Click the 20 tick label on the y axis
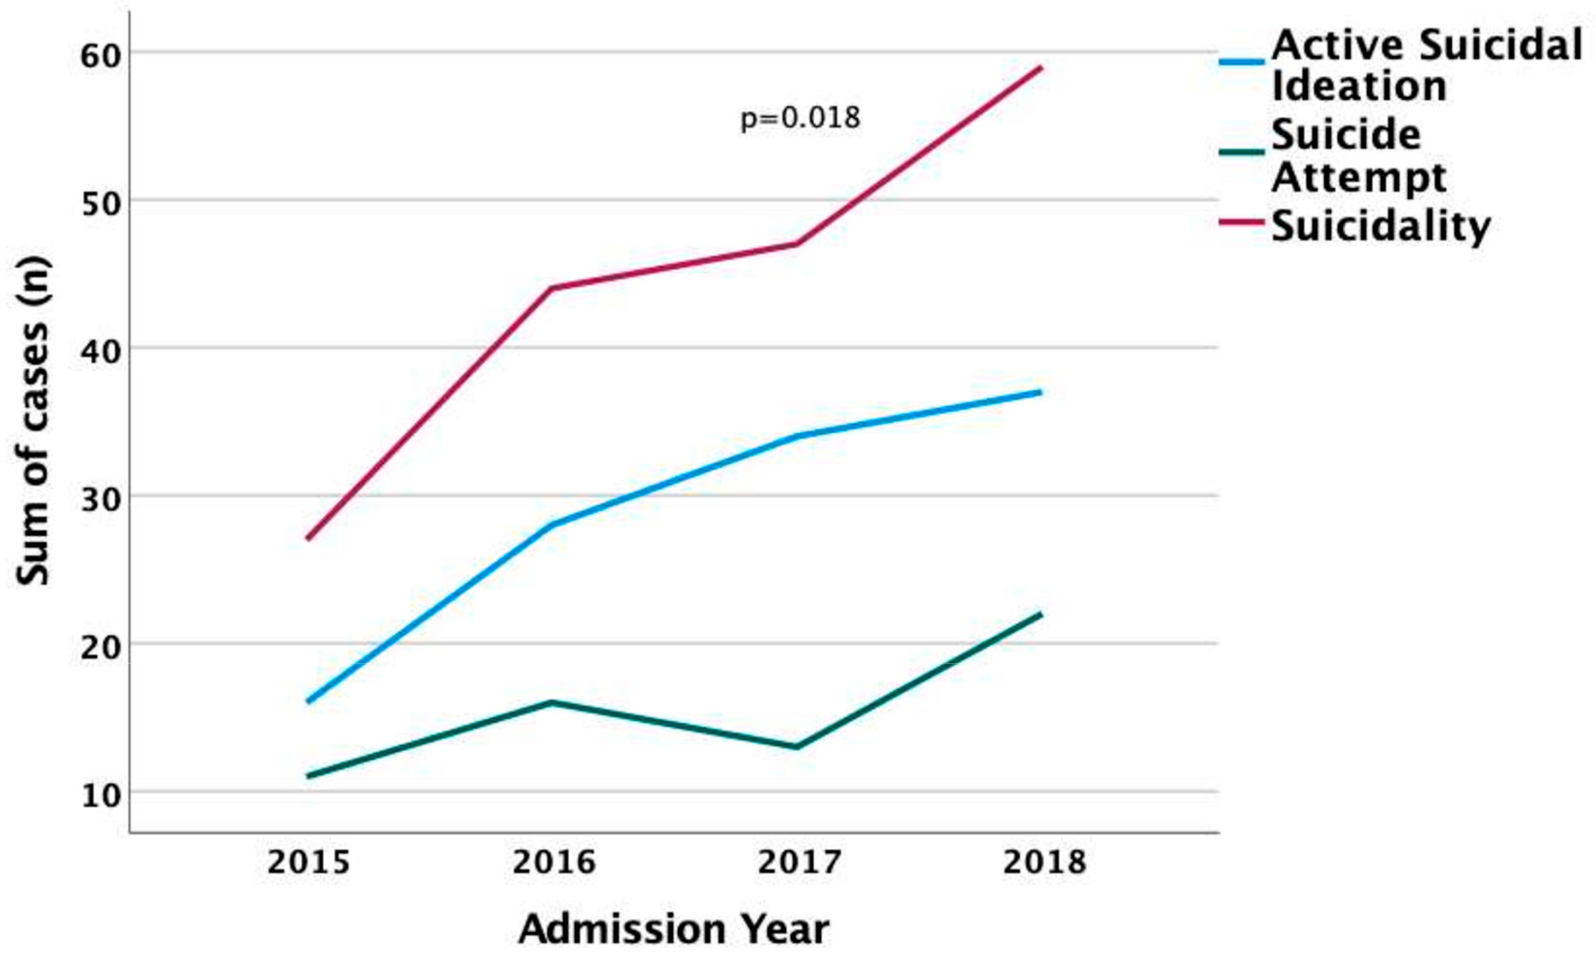[101, 647]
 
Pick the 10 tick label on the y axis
[101, 796]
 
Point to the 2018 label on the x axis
[1044, 862]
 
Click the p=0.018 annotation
[800, 118]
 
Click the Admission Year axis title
[673, 929]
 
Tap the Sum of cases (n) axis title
[32, 421]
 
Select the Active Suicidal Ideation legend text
[1426, 65]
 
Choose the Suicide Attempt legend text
[1358, 156]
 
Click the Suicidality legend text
[1381, 226]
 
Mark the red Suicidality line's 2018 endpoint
[1040, 67]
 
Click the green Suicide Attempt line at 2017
[797, 747]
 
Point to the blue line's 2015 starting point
[308, 701]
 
